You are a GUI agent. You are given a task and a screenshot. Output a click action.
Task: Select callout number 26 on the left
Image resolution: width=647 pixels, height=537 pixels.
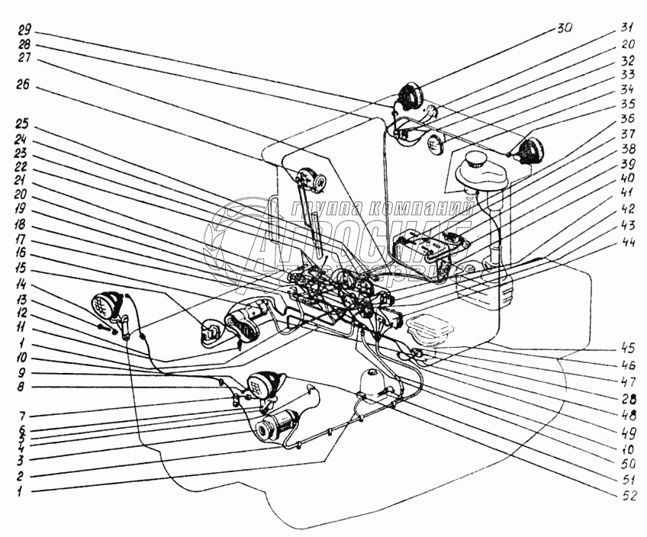click(24, 86)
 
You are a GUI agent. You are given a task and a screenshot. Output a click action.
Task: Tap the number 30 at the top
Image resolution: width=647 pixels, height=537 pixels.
click(564, 27)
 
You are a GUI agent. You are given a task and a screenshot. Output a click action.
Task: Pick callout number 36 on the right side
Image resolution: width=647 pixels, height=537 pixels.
click(626, 118)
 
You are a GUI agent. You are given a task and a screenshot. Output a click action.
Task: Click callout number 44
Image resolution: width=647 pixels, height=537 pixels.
click(626, 243)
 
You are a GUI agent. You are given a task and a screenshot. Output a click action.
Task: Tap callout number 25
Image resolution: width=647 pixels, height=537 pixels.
click(24, 124)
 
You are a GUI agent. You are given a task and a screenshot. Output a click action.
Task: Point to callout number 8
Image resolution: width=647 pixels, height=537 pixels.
click(24, 387)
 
